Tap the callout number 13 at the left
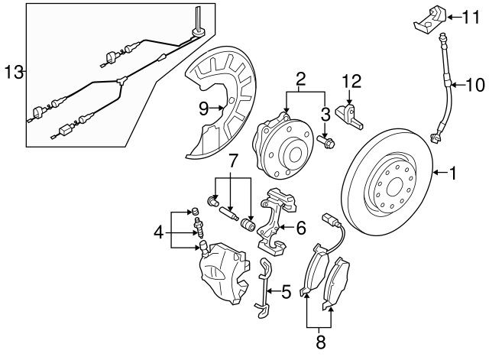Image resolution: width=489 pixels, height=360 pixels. [13, 73]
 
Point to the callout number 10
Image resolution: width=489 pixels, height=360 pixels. [474, 83]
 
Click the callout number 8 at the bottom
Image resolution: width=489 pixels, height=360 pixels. [320, 343]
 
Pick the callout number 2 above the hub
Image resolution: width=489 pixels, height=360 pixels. [301, 78]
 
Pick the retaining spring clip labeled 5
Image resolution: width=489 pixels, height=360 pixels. [264, 287]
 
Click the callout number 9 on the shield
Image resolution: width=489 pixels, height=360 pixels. [204, 109]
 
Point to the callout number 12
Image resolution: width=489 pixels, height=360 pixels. [351, 79]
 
